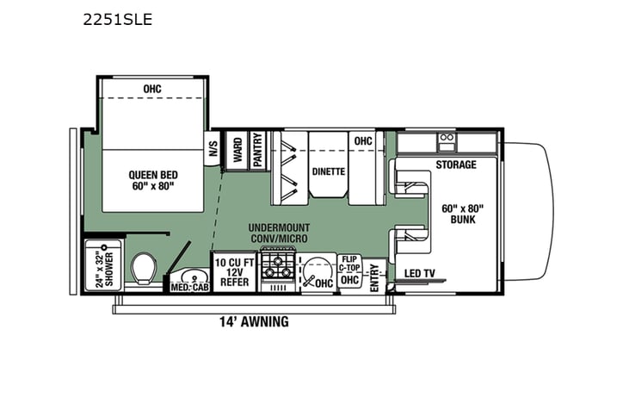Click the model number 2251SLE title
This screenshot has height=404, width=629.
(x=119, y=19)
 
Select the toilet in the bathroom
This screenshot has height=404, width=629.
(x=144, y=269)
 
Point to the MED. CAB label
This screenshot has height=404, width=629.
(x=189, y=286)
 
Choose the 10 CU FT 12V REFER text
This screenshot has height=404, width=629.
(x=233, y=271)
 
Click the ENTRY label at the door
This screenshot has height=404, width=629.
(x=374, y=276)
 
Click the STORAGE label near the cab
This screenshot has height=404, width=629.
(x=455, y=165)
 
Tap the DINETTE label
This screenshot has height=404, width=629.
(x=328, y=171)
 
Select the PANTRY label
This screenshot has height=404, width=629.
(x=256, y=148)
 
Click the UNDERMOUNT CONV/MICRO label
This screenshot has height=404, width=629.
(x=280, y=233)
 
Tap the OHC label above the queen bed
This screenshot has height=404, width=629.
(x=152, y=89)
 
